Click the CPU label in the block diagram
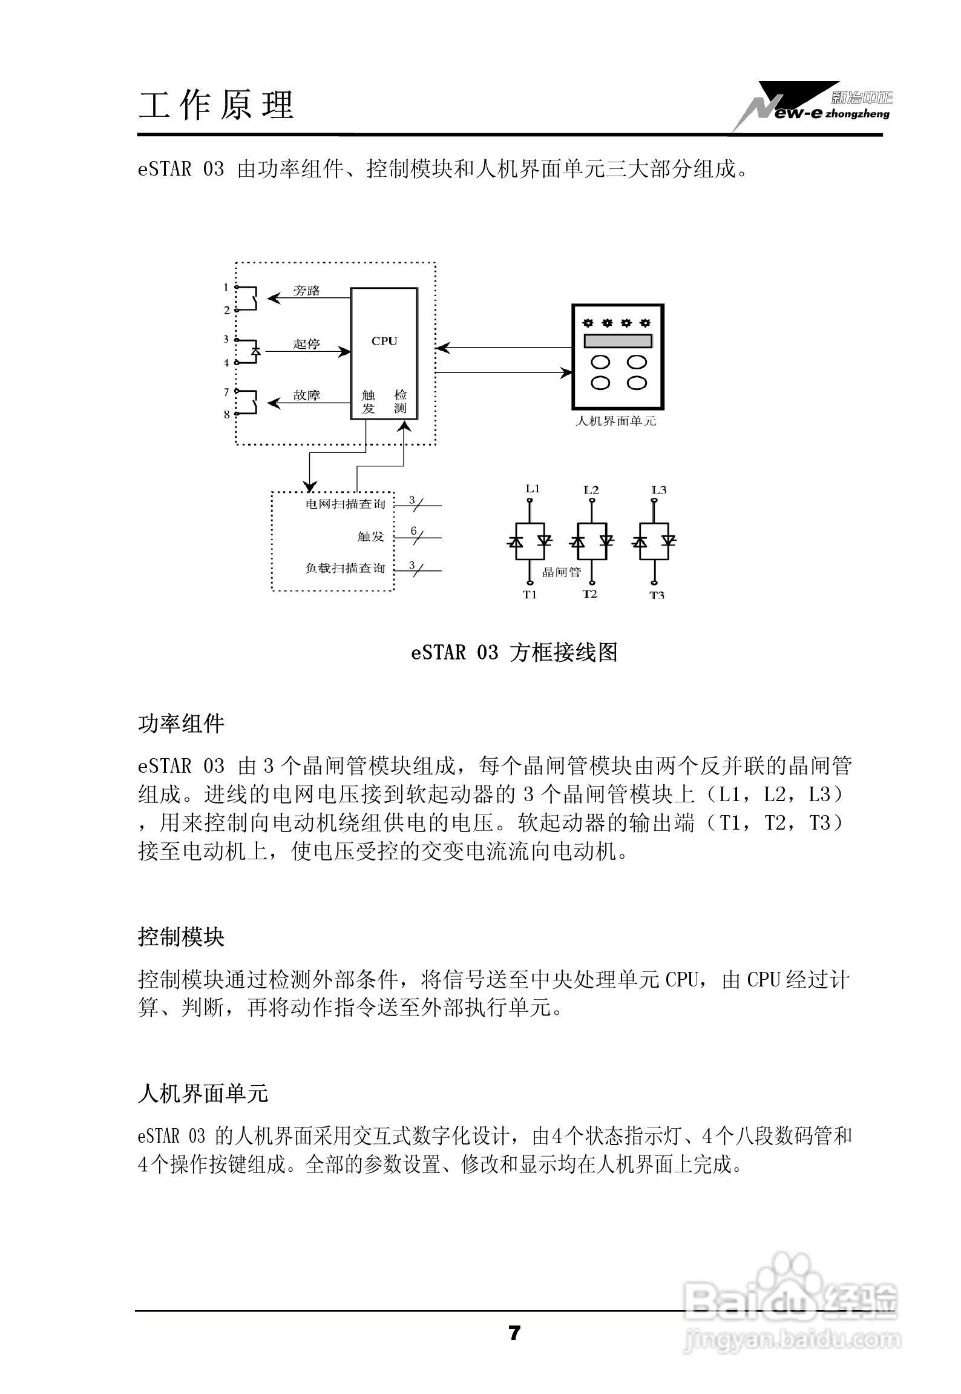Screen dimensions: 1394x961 point(384,341)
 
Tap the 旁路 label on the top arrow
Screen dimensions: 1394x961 point(306,291)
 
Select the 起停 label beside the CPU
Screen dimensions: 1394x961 point(306,344)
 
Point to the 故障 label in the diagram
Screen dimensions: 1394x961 point(306,395)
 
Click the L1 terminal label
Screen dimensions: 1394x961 point(532,489)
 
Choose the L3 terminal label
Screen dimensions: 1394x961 point(658,489)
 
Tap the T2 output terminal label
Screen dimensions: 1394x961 point(590,594)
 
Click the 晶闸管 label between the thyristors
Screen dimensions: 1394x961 point(561,572)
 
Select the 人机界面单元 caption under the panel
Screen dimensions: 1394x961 point(615,421)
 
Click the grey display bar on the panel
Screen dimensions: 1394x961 point(617,341)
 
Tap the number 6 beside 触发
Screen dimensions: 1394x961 point(414,531)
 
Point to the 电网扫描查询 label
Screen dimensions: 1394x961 point(346,504)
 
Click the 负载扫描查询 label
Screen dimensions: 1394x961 point(345,569)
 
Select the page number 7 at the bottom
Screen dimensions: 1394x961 point(514,1333)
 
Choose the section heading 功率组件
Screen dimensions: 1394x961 point(181,724)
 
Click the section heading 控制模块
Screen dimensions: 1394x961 point(181,937)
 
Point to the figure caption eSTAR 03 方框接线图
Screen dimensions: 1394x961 point(514,653)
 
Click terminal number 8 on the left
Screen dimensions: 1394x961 point(227,415)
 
